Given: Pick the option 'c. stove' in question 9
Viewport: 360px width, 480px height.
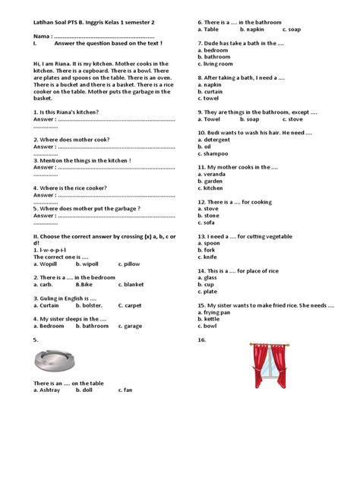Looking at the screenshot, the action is [292, 118].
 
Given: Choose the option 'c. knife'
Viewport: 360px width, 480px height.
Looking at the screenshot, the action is [208, 257].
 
